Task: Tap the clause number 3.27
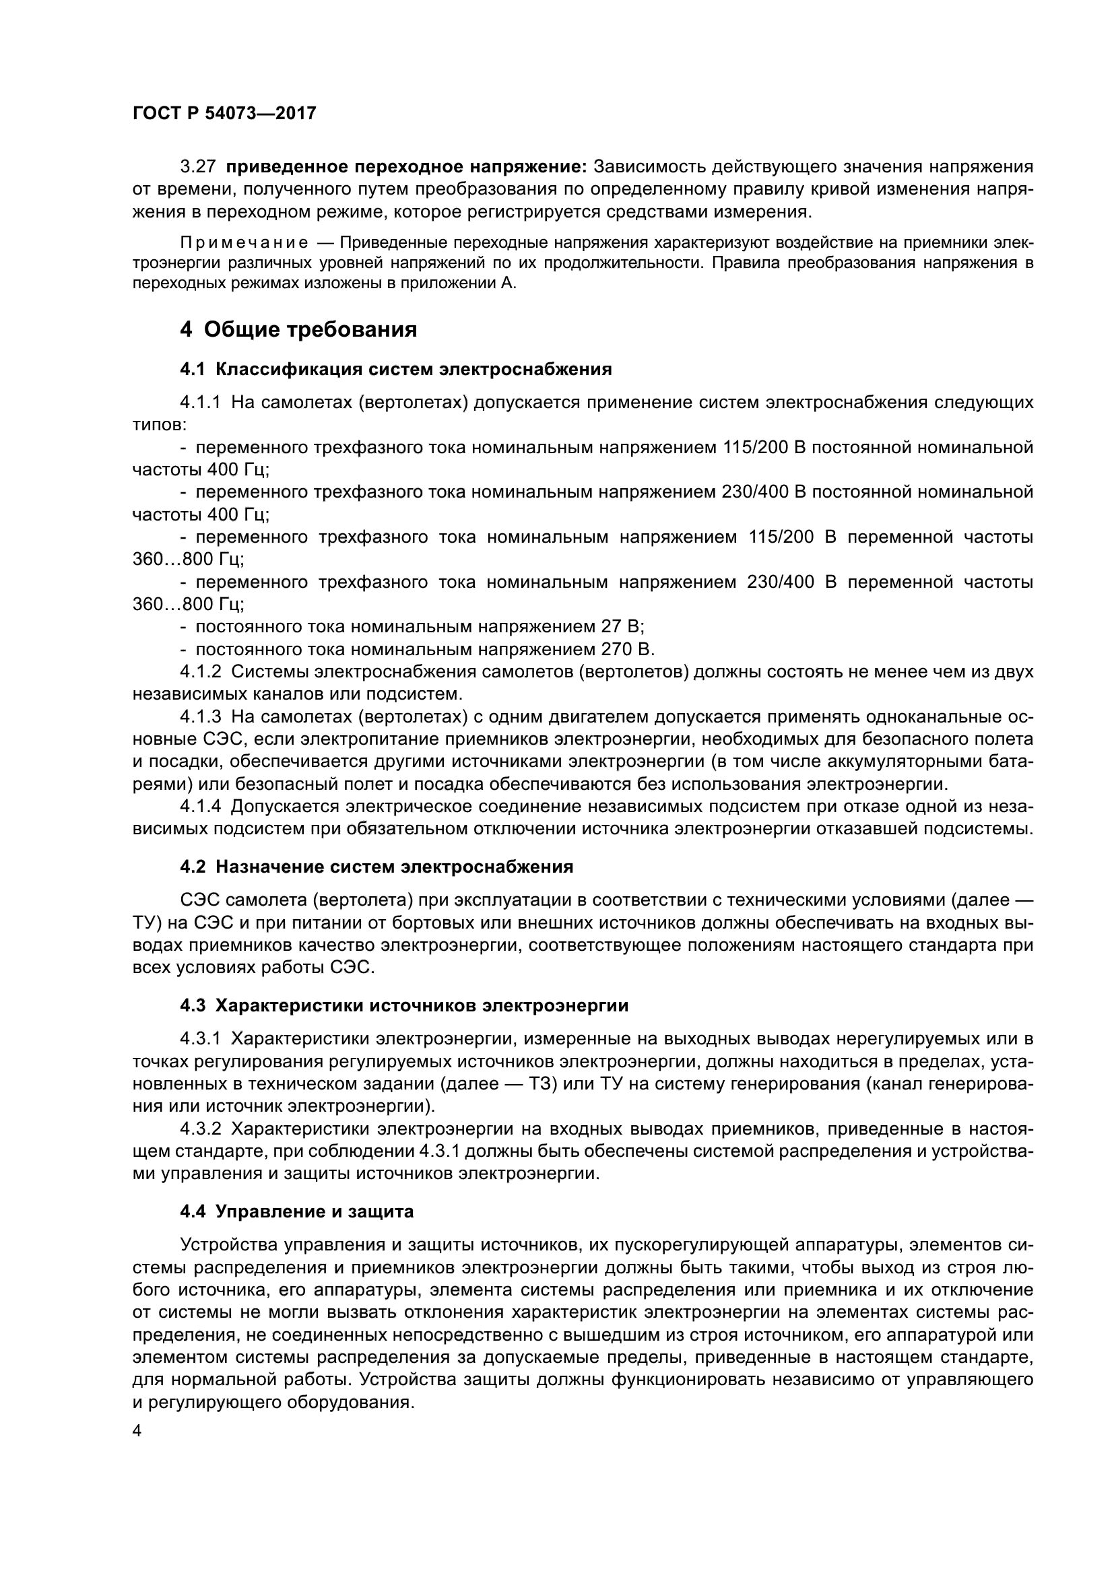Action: (x=198, y=167)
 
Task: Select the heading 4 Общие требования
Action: (x=298, y=330)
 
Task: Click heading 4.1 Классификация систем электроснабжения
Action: (x=396, y=370)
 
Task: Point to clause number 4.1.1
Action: (x=200, y=402)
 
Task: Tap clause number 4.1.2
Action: (x=200, y=671)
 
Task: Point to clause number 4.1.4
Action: (x=200, y=806)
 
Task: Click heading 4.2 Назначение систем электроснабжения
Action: (x=376, y=867)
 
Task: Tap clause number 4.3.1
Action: (x=200, y=1038)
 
